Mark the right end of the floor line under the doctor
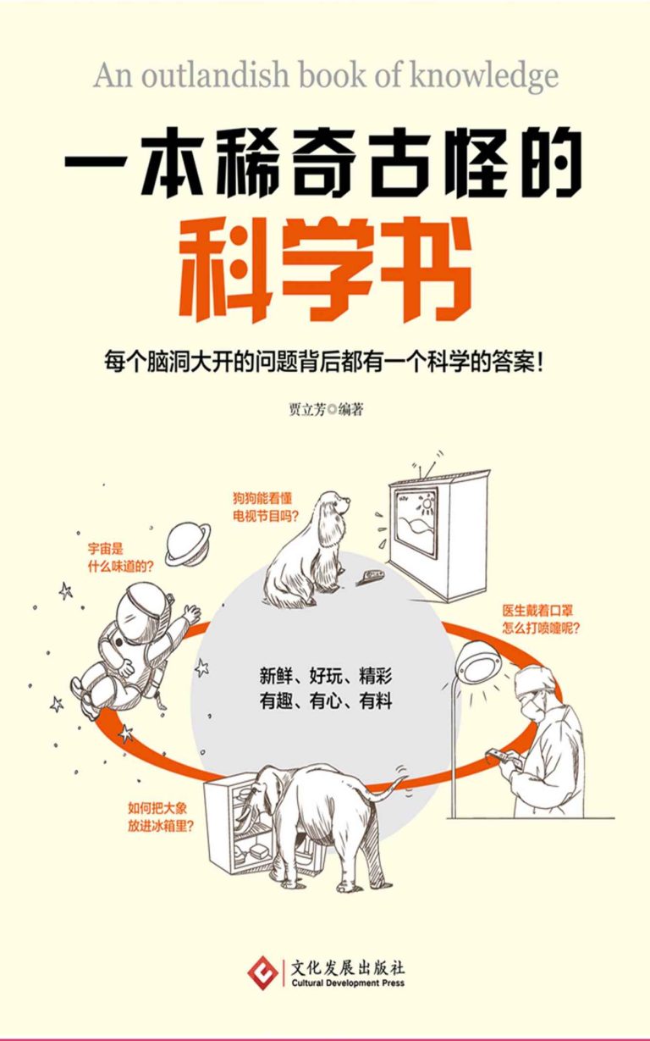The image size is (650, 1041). pyautogui.click(x=614, y=818)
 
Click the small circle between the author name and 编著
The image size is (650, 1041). pyautogui.click(x=332, y=410)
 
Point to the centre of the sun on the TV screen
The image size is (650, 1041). pyautogui.click(x=427, y=503)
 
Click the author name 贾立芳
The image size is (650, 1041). pyautogui.click(x=307, y=410)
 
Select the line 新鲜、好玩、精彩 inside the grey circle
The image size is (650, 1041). pyautogui.click(x=326, y=676)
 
